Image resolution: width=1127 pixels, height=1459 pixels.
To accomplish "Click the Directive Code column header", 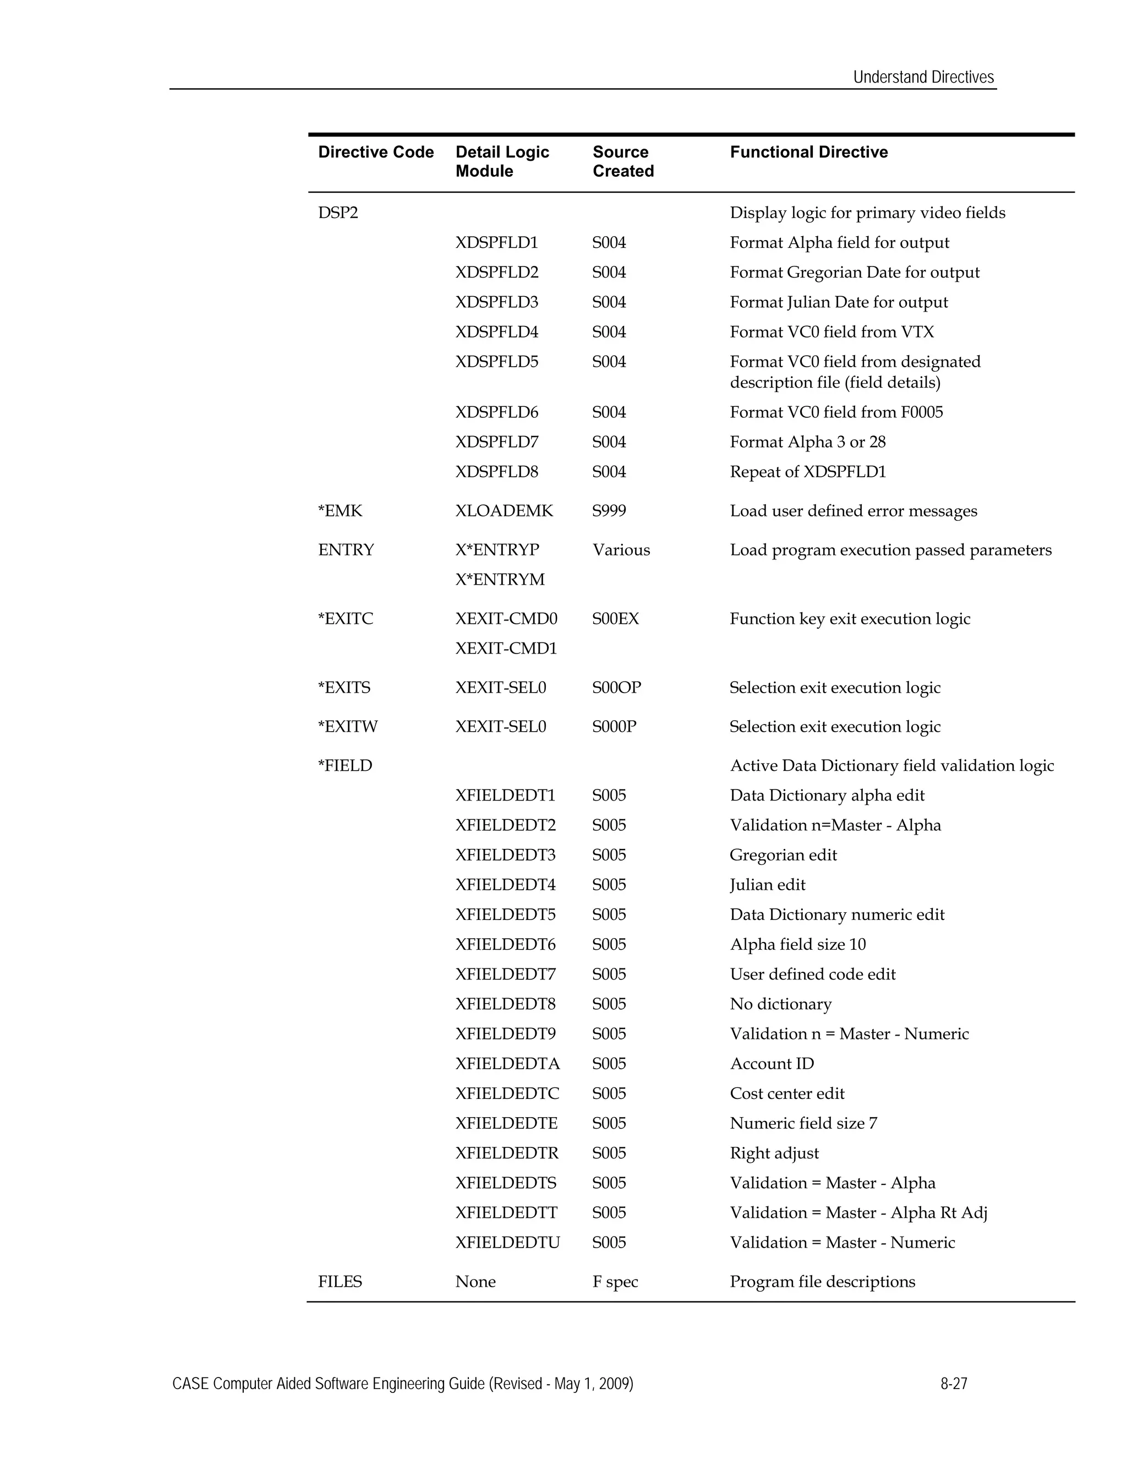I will point(376,153).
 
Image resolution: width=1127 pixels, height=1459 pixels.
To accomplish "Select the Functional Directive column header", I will point(808,153).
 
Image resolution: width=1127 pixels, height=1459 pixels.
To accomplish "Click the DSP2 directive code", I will point(338,213).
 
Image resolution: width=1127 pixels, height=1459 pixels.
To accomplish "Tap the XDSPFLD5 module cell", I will point(497,362).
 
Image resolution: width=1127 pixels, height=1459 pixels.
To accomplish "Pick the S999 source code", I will point(609,511).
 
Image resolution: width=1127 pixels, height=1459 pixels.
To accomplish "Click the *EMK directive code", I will point(340,511).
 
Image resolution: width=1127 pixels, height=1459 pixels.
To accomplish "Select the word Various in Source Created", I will point(621,551).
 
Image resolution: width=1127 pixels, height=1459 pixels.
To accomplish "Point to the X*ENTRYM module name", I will point(500,580).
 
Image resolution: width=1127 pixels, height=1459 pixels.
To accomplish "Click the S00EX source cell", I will point(615,619).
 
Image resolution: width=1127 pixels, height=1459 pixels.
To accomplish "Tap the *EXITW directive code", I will point(348,727).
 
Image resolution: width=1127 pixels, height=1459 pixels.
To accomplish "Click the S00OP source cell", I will point(616,688).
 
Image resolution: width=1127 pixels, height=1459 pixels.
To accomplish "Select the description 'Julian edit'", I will point(767,885).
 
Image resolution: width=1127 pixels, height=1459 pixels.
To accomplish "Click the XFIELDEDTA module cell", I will point(507,1064).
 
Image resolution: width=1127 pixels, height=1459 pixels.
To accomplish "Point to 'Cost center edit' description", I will point(787,1093).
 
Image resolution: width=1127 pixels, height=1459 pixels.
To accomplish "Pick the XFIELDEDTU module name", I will point(507,1243).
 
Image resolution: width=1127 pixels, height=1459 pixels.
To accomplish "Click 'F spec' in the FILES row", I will point(615,1282).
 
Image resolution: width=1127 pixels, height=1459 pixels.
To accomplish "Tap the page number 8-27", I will point(954,1384).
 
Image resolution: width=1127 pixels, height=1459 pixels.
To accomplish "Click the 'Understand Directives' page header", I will point(923,78).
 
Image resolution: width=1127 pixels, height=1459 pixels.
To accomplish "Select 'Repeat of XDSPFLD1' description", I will point(808,472).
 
